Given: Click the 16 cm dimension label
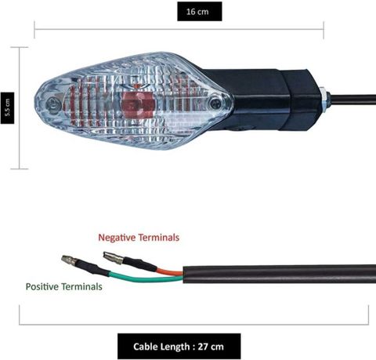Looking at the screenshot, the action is point(200,12).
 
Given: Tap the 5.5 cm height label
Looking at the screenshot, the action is point(7,107).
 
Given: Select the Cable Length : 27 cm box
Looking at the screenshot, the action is point(179,346).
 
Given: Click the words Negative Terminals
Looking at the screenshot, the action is point(139,238).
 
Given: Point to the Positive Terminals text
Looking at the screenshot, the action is point(64,286).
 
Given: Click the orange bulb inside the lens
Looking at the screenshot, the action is point(138,104).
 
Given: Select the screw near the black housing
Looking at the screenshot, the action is point(215,104).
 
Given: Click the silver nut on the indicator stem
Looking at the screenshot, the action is point(324,100).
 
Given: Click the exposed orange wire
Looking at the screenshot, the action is point(169,271).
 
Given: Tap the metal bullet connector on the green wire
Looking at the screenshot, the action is point(69,260).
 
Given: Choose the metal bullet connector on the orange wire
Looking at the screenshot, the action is point(113,257).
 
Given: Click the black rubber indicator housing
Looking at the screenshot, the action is point(266,100).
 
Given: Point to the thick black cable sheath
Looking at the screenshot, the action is point(280,274).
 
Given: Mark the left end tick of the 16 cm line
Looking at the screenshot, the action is point(34,30).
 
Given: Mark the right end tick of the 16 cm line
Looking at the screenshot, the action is point(324,30).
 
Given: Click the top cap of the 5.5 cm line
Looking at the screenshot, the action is point(20,47).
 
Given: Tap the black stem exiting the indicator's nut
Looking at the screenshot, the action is point(352,100).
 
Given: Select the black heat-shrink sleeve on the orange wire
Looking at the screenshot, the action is point(140,264).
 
